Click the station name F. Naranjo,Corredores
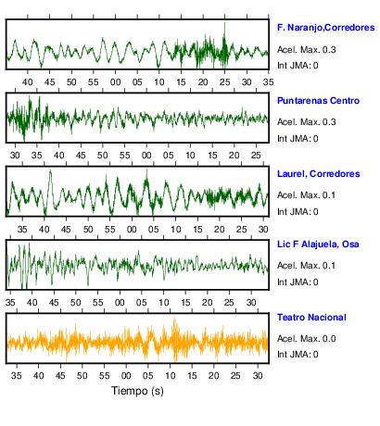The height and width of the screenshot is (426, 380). [326, 28]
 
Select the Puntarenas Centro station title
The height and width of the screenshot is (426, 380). [318, 101]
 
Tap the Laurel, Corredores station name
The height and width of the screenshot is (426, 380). [319, 174]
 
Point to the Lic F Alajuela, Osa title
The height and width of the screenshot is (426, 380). [318, 244]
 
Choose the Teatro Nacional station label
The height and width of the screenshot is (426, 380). [311, 318]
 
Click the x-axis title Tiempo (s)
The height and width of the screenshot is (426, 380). [137, 391]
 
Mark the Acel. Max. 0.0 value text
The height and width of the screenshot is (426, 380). [306, 339]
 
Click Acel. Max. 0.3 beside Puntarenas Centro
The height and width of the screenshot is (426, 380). [306, 122]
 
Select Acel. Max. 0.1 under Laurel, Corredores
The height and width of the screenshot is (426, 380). [306, 195]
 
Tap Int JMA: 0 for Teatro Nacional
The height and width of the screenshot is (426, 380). [298, 354]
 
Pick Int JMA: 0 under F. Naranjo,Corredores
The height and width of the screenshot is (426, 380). [298, 66]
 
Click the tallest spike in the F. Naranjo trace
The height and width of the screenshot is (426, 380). [224, 23]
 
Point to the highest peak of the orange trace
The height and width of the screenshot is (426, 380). [174, 317]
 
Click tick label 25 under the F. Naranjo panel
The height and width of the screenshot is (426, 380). [224, 82]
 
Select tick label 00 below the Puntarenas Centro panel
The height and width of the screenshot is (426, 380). [146, 156]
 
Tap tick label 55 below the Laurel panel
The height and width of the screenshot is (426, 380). [109, 230]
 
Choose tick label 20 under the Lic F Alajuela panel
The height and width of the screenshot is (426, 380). [208, 303]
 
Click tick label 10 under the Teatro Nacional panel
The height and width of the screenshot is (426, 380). [170, 376]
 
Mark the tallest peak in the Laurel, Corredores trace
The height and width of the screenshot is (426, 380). [50, 170]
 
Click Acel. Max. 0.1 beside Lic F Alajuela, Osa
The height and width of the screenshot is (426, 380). [306, 266]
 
